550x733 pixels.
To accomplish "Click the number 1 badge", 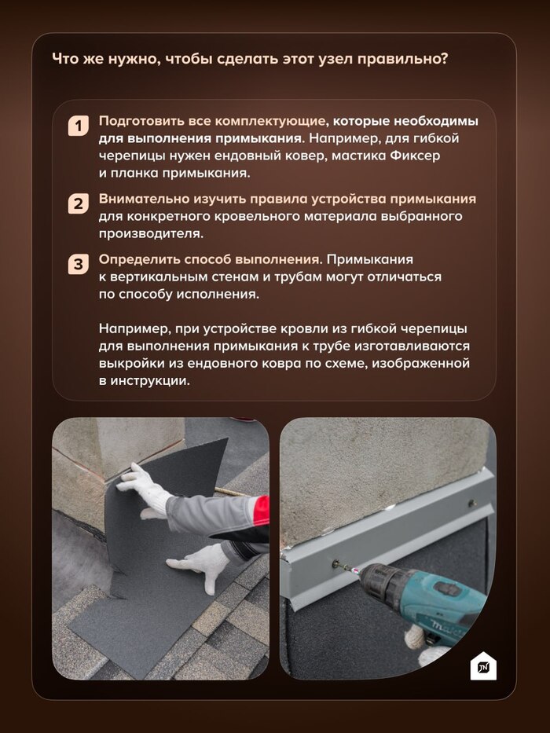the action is point(78,126).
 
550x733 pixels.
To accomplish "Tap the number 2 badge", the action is point(78,203).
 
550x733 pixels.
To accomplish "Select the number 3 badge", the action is point(78,264).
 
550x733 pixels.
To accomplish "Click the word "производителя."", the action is point(151,234).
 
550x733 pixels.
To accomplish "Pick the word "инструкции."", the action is point(150,381).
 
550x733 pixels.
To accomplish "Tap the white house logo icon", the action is point(482,665).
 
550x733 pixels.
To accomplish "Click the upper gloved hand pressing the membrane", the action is point(144,488).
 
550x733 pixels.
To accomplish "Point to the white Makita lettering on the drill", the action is point(445,628).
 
